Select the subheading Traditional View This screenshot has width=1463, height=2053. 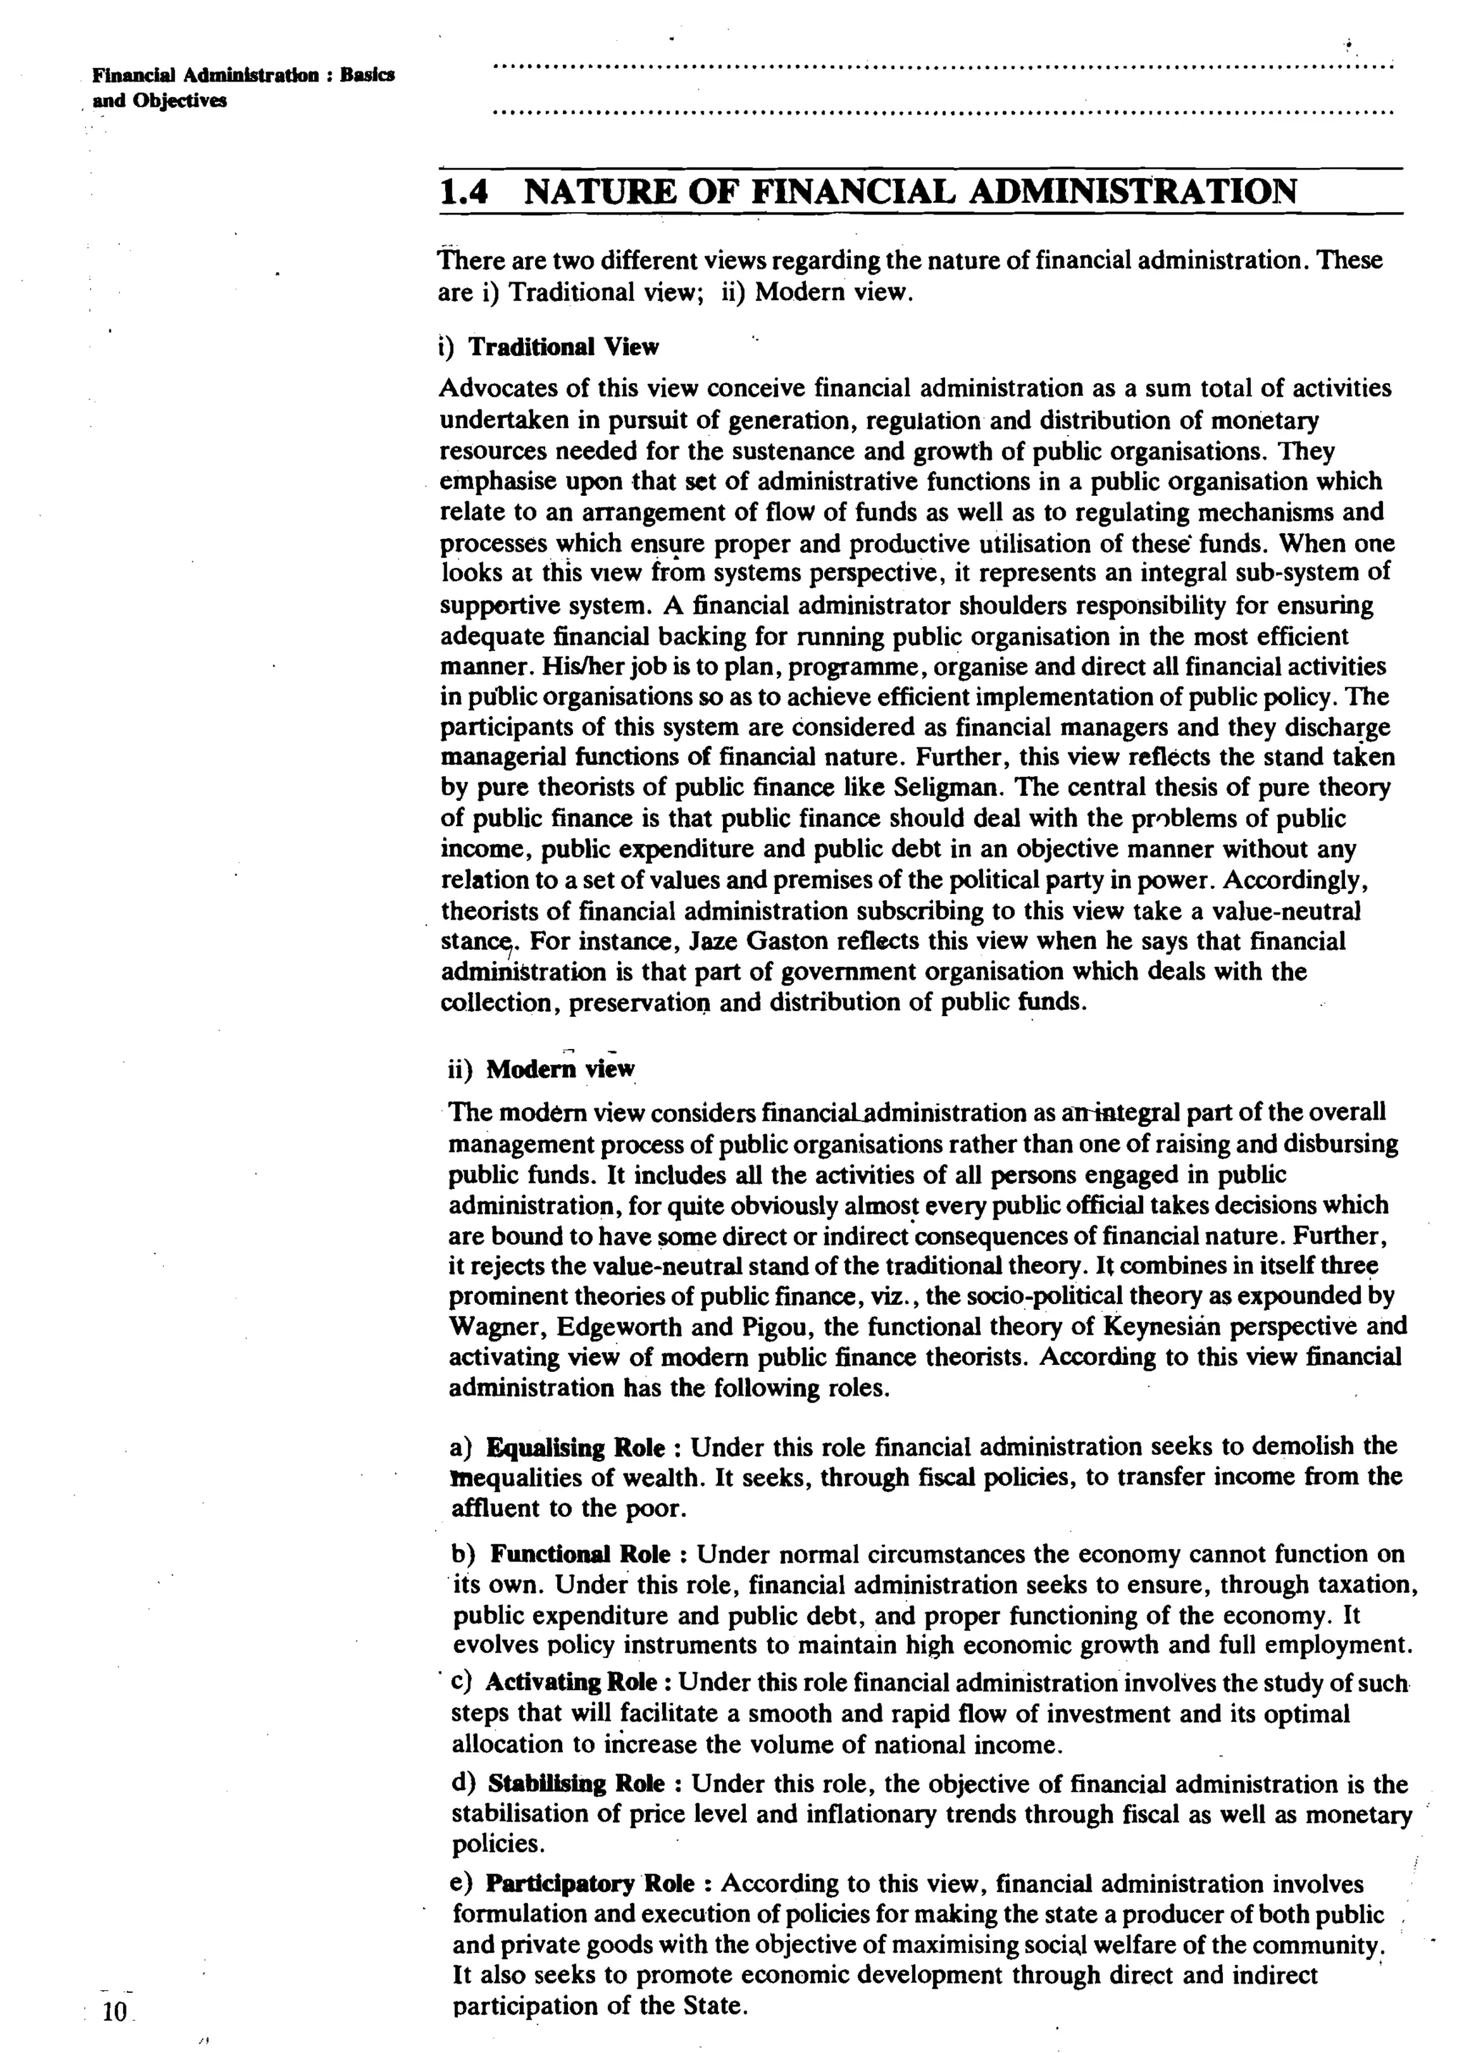[x=563, y=347]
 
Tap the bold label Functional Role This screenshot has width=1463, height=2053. [x=580, y=1555]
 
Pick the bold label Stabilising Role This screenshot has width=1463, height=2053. [x=576, y=1784]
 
